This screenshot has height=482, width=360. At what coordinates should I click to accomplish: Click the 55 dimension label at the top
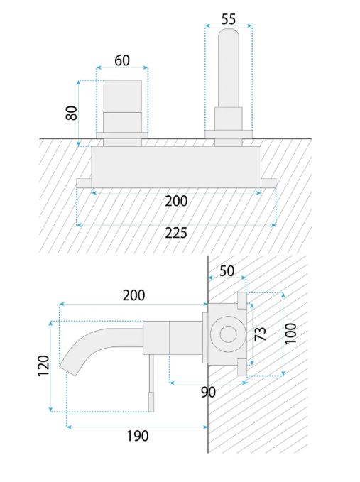(229, 19)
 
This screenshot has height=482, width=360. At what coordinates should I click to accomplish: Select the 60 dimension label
(122, 60)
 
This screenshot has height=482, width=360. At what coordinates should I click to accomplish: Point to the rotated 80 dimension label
(71, 113)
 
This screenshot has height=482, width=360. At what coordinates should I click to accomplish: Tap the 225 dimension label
(176, 233)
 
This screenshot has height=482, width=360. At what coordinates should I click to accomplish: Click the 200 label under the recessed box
(176, 202)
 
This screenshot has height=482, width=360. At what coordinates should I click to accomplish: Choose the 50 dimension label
(227, 271)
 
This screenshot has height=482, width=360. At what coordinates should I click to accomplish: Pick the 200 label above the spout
(133, 295)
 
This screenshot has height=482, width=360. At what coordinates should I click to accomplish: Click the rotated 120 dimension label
(43, 366)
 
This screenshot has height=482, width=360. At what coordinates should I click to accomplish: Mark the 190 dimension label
(138, 436)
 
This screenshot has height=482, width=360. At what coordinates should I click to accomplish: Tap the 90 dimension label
(209, 392)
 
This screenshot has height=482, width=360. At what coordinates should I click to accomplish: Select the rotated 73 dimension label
(261, 334)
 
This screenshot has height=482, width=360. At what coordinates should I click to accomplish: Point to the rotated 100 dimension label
(290, 333)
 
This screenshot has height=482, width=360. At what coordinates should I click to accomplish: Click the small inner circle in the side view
(227, 334)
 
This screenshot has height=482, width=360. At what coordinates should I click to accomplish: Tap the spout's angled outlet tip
(68, 371)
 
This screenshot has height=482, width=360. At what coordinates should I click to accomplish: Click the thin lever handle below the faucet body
(151, 383)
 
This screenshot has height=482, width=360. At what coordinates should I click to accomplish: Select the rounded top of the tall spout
(229, 34)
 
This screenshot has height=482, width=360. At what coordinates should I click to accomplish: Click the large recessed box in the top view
(176, 167)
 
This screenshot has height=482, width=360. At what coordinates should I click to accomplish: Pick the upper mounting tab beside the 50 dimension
(242, 300)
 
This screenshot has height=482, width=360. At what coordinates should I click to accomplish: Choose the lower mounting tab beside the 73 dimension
(242, 367)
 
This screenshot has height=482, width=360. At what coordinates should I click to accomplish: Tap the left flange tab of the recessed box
(84, 183)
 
